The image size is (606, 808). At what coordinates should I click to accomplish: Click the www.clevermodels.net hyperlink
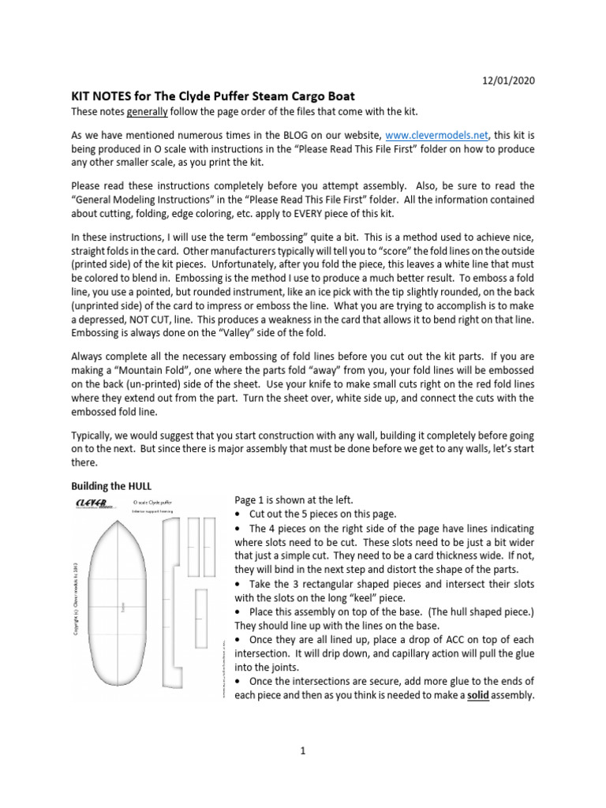click(x=421, y=135)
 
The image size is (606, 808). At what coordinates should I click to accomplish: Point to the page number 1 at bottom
click(x=302, y=750)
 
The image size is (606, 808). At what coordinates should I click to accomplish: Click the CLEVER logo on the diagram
click(x=92, y=503)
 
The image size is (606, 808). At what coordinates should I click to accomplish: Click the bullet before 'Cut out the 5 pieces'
click(x=238, y=514)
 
